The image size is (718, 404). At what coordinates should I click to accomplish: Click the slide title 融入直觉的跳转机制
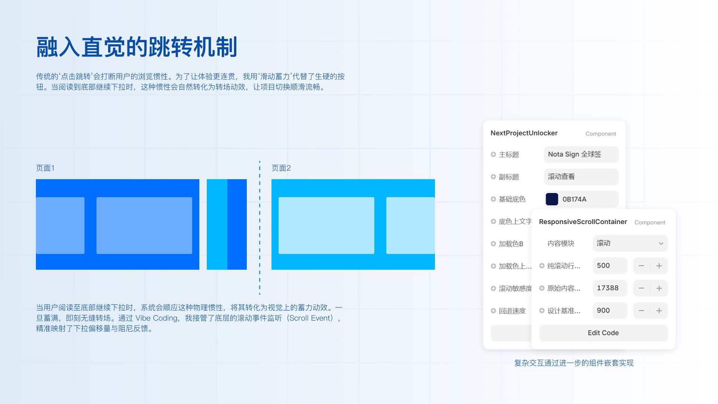[x=137, y=47]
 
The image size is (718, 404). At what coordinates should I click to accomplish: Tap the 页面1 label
[x=45, y=168]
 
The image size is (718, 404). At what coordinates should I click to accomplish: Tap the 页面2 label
[x=281, y=168]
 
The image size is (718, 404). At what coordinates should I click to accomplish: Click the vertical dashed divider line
[x=260, y=228]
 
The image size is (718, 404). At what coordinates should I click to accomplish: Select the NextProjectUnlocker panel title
[x=524, y=133]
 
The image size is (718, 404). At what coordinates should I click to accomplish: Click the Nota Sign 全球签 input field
[x=581, y=154]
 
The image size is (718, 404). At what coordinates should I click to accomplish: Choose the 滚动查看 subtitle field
[x=581, y=177]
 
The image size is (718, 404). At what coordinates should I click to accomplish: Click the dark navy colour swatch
[x=552, y=199]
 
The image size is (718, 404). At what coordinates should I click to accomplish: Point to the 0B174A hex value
[x=574, y=199]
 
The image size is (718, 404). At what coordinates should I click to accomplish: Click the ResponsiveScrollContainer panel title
[x=583, y=222]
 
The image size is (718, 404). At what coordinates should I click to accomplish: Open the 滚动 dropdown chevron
[x=661, y=244]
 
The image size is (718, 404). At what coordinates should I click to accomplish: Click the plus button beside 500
[x=659, y=266]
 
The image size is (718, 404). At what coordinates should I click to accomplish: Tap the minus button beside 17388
[x=641, y=288]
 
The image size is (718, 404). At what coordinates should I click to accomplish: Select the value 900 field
[x=610, y=310]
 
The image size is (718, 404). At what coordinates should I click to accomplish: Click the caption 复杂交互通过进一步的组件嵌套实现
[x=574, y=363]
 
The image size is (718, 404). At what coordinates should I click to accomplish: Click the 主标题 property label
[x=509, y=154]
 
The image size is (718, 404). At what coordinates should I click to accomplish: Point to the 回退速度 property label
[x=512, y=311]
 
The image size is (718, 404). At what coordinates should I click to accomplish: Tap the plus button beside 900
[x=659, y=310]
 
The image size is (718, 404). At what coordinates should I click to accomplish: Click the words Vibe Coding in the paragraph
[x=156, y=318]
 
